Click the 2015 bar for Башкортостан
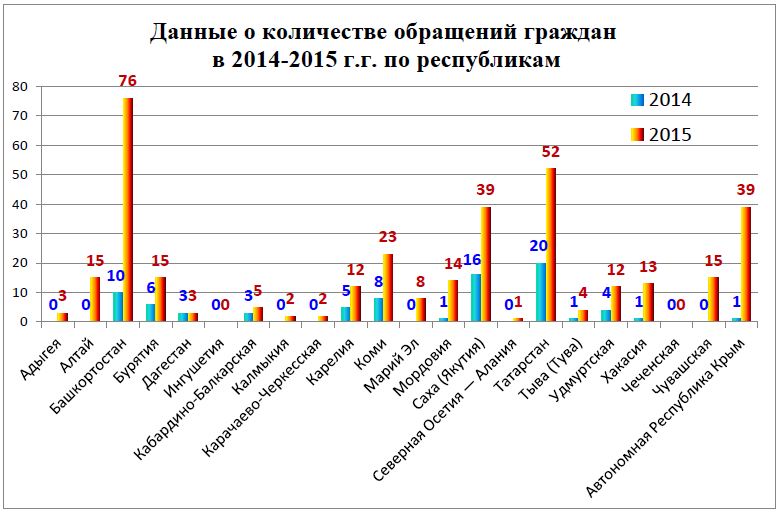click(128, 210)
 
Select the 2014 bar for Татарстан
click(541, 293)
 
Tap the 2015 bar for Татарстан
click(551, 245)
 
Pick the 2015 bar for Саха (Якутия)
click(487, 264)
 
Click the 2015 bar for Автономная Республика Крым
click(745, 264)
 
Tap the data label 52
click(550, 152)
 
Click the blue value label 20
click(537, 246)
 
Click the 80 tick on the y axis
click(18, 87)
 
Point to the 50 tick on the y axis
click(18, 175)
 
